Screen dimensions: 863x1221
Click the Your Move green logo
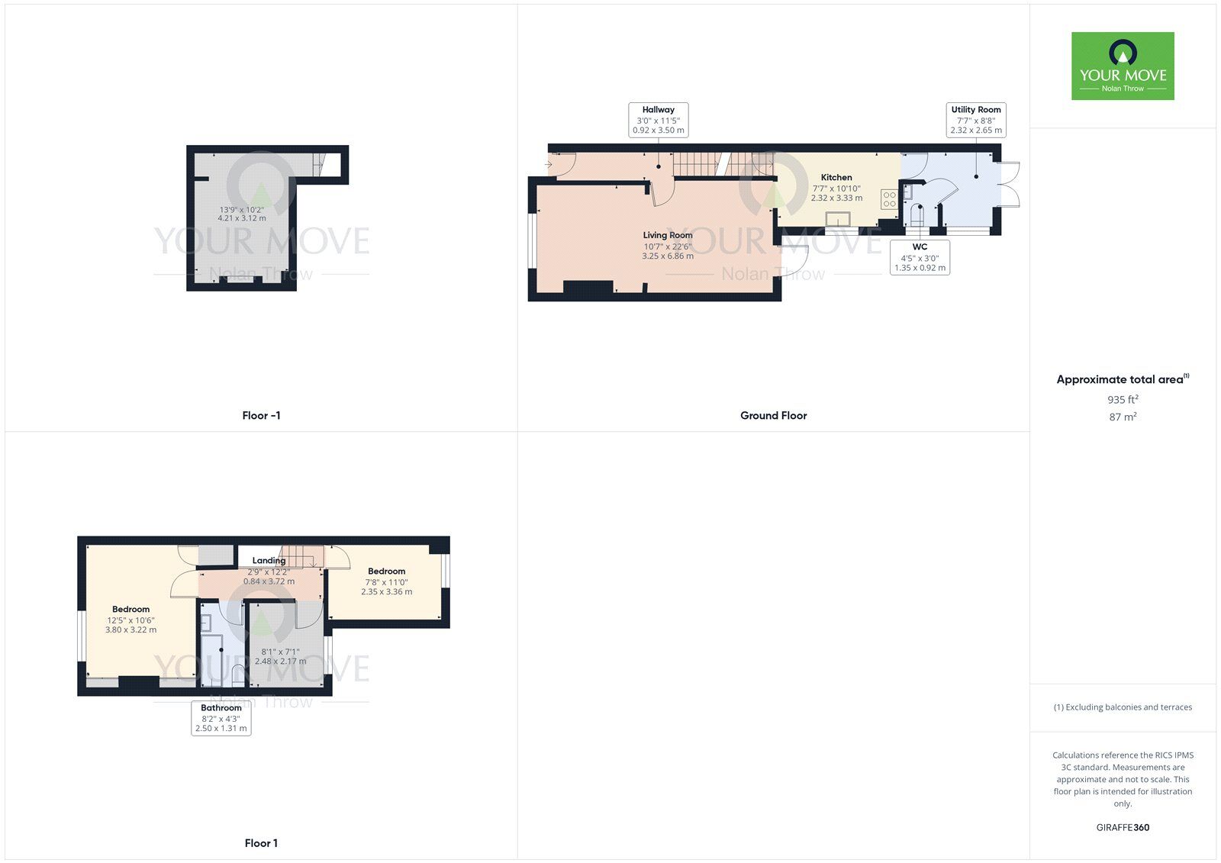point(1123,66)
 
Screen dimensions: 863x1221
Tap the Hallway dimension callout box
point(658,120)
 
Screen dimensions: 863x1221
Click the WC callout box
point(920,257)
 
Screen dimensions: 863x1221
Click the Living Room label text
point(668,235)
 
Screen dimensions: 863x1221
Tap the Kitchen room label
point(836,177)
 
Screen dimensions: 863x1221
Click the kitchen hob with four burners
point(889,199)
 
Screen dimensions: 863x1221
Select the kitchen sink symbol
point(837,220)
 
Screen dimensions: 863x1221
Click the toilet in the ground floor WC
point(916,217)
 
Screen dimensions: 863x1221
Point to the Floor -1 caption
point(261,416)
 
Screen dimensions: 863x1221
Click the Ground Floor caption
point(773,416)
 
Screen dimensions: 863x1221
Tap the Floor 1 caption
point(261,843)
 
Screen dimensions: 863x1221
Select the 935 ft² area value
point(1123,399)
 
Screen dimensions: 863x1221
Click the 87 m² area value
point(1123,417)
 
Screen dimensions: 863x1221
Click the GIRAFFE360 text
point(1123,827)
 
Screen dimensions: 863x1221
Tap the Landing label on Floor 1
point(269,560)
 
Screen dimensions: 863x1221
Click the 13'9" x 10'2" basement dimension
point(242,210)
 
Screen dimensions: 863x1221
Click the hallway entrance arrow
point(549,164)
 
